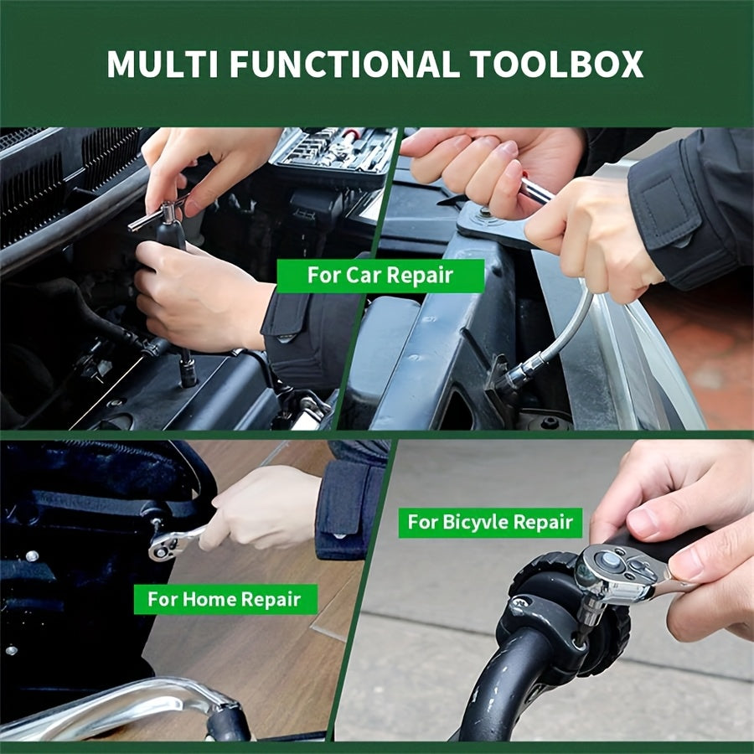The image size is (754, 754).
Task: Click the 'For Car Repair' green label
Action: point(380,276)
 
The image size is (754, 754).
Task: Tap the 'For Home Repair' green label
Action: point(225,599)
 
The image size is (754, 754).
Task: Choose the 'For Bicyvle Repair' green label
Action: point(490,522)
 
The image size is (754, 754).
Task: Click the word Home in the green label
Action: point(209,599)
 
